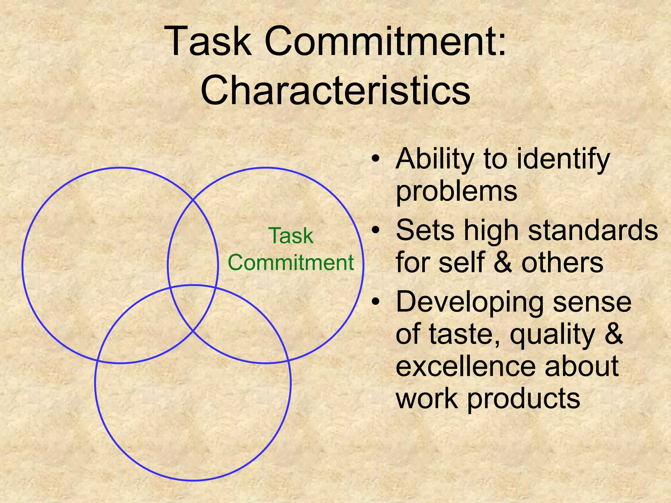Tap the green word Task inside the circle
click(291, 236)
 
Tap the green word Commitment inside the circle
click(291, 263)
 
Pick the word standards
click(593, 230)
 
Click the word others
click(562, 263)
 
